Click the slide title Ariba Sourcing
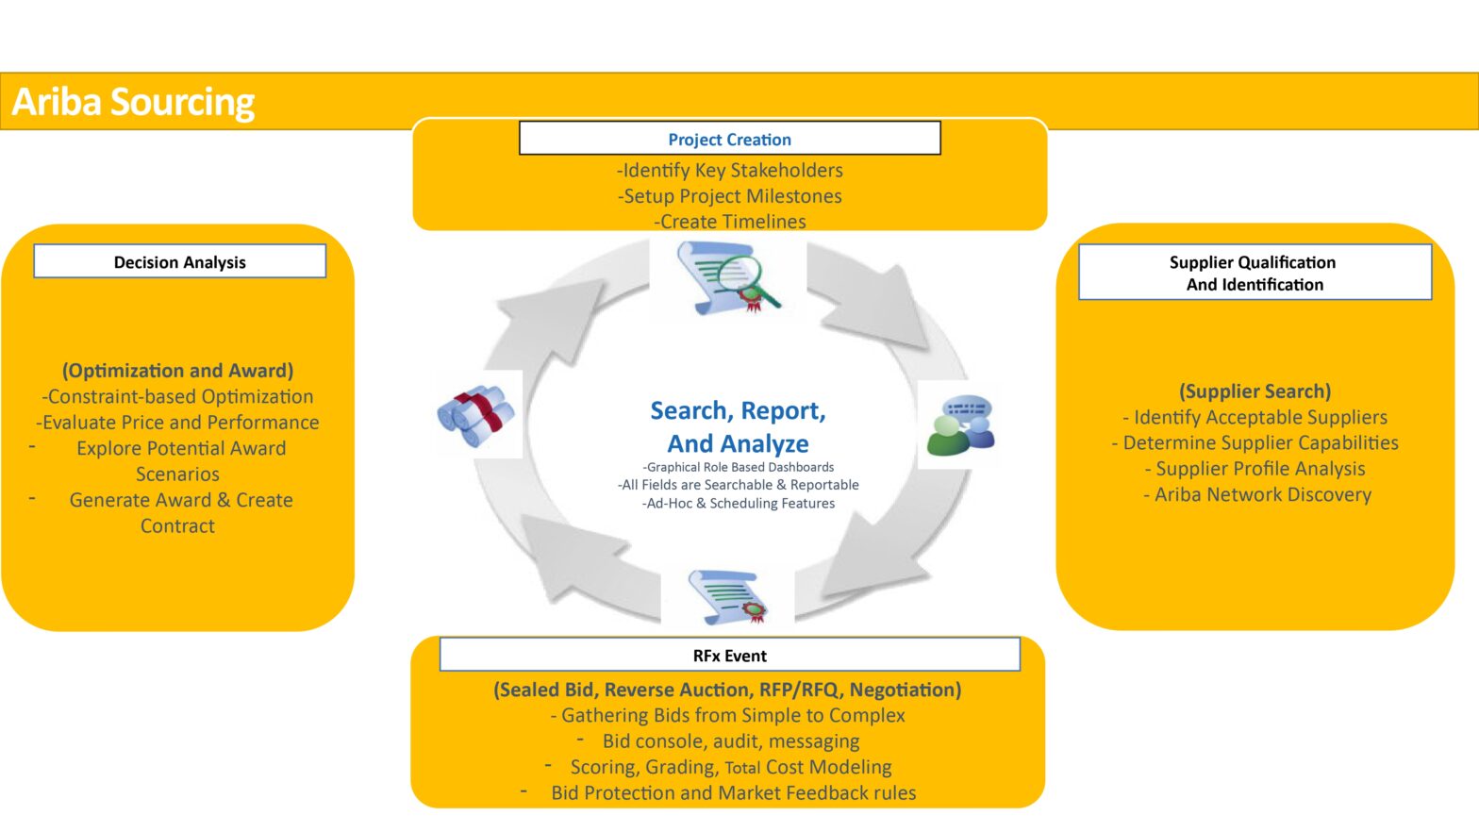point(133,102)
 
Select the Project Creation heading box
point(729,139)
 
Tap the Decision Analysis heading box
point(179,261)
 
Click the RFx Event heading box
point(729,655)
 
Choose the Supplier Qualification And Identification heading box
point(1254,273)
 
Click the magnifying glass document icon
point(728,278)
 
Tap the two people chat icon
point(960,424)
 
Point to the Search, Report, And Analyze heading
point(738,426)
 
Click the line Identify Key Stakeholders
point(730,170)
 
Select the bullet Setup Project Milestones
point(730,196)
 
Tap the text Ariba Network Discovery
point(1262,494)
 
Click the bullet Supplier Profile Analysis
point(1259,469)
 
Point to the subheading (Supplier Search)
point(1255,391)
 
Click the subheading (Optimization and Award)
point(177,371)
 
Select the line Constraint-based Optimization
point(177,396)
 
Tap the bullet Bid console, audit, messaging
point(730,741)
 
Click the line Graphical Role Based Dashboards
point(738,467)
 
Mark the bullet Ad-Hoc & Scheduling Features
point(738,504)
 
